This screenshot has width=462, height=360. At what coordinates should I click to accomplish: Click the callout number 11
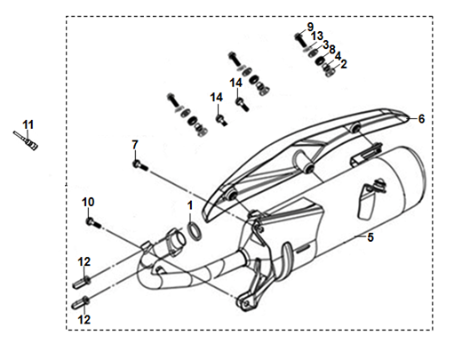28,124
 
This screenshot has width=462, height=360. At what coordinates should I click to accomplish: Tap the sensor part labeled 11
26,140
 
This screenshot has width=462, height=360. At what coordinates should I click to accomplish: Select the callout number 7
135,145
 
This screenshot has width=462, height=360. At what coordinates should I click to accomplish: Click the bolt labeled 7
139,165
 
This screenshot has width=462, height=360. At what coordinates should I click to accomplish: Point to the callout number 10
88,202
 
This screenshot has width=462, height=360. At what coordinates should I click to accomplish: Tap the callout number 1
190,205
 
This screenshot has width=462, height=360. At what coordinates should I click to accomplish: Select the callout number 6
421,119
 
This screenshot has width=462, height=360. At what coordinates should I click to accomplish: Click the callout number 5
370,237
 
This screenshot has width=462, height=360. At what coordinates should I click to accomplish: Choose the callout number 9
310,27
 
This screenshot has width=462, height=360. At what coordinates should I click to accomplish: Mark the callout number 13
316,36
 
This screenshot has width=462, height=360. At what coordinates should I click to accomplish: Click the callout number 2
344,64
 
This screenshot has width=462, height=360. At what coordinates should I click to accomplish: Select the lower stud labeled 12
81,302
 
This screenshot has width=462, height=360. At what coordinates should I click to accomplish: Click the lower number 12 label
84,319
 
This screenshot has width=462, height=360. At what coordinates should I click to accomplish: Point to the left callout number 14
217,97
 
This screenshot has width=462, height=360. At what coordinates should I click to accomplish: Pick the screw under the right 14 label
242,104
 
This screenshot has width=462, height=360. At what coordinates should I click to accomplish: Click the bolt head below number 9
299,36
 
